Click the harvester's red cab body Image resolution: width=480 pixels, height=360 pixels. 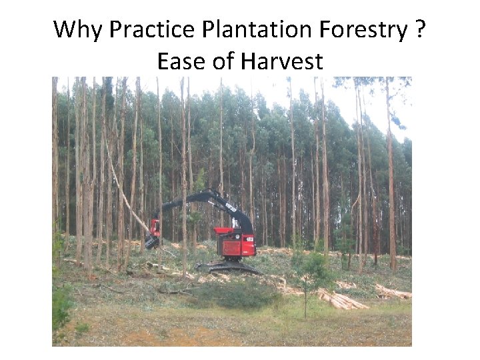point(237,247)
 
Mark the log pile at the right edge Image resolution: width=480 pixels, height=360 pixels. point(393,291)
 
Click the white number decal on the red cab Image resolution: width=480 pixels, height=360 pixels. point(249,239)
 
